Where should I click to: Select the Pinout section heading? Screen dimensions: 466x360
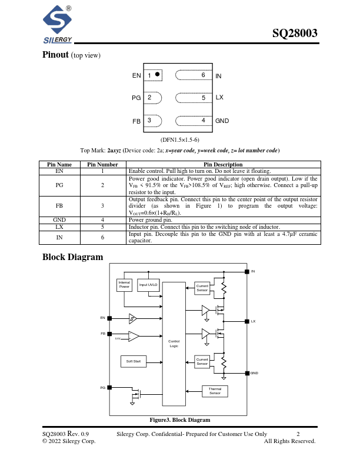pos(56,55)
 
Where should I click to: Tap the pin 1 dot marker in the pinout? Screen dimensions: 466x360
pos(158,75)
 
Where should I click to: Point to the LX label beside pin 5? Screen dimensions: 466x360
pos(219,97)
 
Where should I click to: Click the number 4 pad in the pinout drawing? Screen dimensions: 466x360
pos(203,120)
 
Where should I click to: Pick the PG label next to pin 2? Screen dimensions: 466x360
pos(136,98)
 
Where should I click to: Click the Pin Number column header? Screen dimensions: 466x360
pos(102,165)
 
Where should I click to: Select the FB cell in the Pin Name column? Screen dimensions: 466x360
pos(59,207)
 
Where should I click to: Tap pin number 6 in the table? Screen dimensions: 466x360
pos(102,237)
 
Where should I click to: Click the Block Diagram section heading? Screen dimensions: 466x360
pos(73,257)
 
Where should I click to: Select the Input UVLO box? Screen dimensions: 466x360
pos(148,285)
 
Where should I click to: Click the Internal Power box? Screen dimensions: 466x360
pos(124,285)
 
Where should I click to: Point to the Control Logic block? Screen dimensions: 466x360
pos(174,344)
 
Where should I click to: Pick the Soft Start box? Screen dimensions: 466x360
pos(134,361)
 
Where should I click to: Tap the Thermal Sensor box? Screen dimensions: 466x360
pos(215,391)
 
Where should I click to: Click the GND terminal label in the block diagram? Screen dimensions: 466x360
pos(254,373)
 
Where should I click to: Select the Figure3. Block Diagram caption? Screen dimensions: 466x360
pos(179,420)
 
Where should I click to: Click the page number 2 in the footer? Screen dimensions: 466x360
pos(298,434)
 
